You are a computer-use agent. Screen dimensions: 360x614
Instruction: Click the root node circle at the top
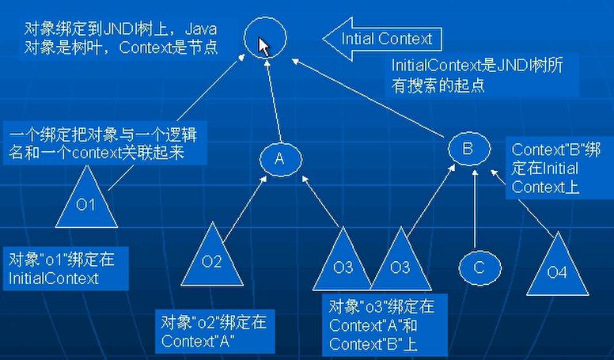tap(263, 40)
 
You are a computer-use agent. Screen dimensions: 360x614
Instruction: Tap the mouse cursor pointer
tap(263, 47)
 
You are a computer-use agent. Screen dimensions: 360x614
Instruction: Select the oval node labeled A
tap(279, 158)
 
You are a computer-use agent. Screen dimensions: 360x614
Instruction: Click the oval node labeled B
tap(467, 147)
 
